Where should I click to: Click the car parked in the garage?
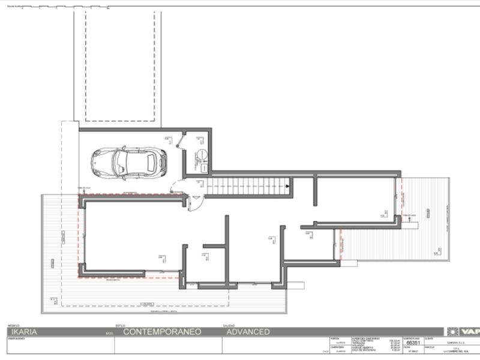(x=129, y=162)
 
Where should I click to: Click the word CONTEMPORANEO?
(x=162, y=332)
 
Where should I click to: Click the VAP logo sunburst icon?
(x=452, y=332)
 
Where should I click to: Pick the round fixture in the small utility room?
(x=203, y=154)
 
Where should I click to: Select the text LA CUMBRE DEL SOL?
(x=453, y=352)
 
